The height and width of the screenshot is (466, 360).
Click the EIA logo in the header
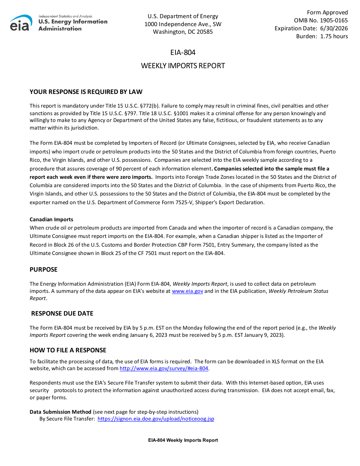21,23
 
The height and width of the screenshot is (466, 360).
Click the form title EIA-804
183,53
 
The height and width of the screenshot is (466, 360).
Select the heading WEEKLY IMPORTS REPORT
183,66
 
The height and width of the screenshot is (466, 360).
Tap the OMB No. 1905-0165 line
321,20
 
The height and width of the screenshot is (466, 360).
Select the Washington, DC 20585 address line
183,32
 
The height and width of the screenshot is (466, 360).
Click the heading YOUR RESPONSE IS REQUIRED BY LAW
86,92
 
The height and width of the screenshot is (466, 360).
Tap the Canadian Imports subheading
52,219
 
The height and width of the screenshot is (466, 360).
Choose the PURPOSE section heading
44,270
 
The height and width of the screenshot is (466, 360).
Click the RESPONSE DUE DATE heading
62,314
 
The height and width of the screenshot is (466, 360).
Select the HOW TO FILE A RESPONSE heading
68,350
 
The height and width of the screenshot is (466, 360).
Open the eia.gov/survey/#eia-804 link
164,369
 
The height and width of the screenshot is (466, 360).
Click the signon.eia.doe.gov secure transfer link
156,419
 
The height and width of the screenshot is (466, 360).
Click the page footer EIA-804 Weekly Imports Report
183,440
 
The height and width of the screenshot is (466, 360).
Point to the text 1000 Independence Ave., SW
183,24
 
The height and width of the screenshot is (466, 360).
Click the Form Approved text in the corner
327,13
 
